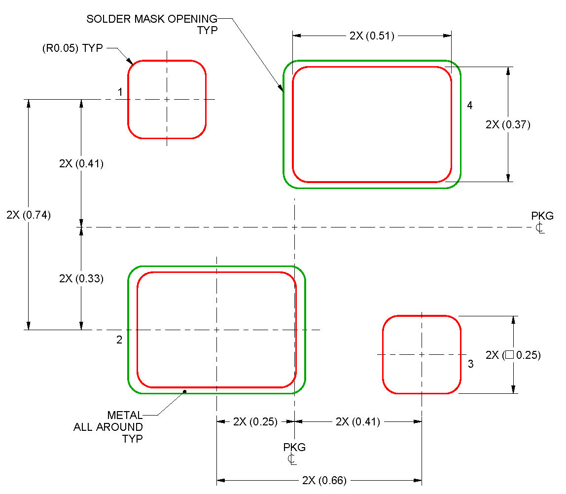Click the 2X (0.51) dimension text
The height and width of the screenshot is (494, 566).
(x=372, y=36)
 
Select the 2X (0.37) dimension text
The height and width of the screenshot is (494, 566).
(x=508, y=124)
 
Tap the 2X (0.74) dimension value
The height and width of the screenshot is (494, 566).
(x=29, y=215)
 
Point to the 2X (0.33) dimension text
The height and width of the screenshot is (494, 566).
(x=81, y=278)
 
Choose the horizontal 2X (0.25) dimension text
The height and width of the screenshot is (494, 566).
(x=255, y=421)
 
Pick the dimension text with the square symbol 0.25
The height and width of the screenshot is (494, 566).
(x=513, y=355)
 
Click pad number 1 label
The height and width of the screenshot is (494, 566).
(x=120, y=92)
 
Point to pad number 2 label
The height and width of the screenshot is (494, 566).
(x=119, y=340)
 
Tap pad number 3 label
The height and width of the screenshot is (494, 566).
(x=470, y=364)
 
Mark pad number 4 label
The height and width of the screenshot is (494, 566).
(x=469, y=105)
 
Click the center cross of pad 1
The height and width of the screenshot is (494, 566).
(x=167, y=99)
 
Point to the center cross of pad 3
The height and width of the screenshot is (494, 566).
(x=422, y=354)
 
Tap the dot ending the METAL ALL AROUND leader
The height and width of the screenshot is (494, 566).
(x=184, y=391)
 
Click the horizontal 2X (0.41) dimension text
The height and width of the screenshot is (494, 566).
(x=357, y=421)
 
